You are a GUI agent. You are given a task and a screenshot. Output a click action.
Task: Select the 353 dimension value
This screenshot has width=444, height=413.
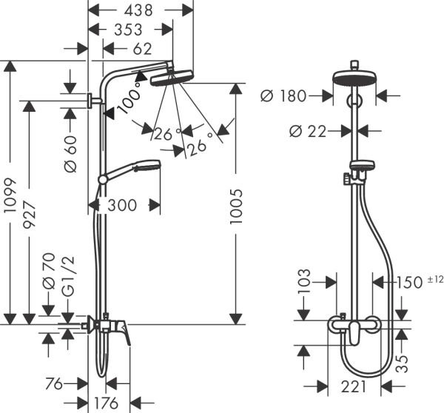(129, 30)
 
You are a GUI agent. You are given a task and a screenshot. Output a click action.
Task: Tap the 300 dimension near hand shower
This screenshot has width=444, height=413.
(122, 205)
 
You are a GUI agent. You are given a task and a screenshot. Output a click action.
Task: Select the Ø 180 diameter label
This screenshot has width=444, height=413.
(286, 95)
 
